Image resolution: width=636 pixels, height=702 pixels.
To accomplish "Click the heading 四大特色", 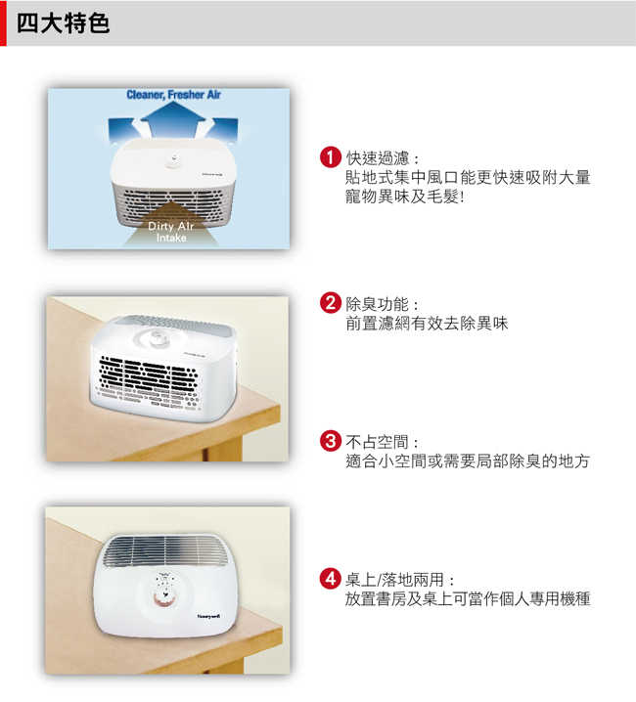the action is [63, 22].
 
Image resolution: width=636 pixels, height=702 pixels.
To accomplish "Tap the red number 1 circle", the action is [331, 157].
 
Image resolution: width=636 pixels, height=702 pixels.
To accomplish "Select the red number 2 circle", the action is [331, 303].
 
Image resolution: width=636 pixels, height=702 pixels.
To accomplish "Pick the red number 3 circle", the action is [331, 441].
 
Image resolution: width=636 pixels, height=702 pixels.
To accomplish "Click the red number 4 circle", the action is [331, 579].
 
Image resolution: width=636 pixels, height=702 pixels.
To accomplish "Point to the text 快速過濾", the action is [377, 158].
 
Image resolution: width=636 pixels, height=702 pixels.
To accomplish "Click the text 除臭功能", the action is [377, 304].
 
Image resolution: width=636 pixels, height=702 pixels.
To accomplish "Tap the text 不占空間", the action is [377, 442].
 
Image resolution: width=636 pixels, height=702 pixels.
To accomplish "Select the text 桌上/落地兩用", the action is [394, 580].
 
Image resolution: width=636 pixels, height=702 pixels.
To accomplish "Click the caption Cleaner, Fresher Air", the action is [173, 95].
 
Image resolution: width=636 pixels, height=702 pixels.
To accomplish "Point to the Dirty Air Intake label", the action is [171, 232].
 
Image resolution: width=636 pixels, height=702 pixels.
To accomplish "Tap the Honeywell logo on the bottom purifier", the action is [208, 616].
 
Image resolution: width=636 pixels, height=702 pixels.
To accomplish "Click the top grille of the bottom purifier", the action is [165, 550].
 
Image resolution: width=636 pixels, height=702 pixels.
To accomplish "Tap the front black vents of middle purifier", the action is [147, 373].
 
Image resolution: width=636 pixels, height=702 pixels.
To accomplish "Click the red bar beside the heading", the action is [3, 22].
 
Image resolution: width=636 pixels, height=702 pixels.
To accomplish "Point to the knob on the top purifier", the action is [172, 160].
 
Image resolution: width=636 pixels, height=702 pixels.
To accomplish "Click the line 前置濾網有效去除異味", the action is [427, 323].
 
